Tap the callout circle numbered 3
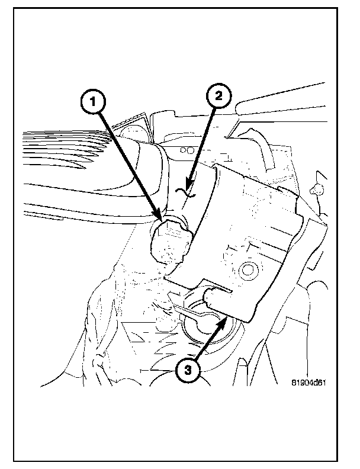coord(188,370)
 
